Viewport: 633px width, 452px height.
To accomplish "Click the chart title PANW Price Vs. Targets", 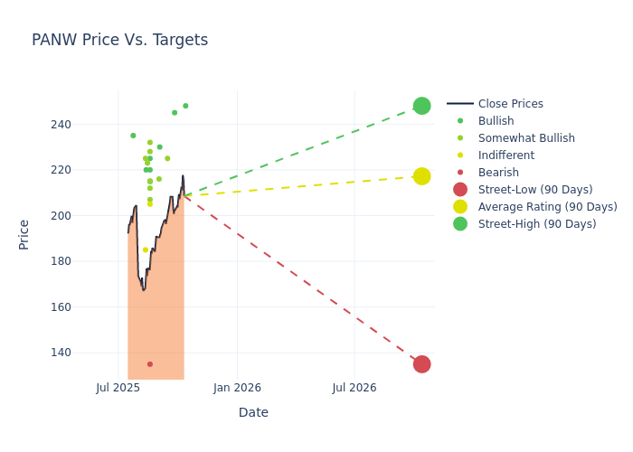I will pos(119,41).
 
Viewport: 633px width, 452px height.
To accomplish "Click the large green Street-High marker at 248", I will pos(421,106).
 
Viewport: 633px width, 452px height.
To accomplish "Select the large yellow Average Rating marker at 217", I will pos(421,176).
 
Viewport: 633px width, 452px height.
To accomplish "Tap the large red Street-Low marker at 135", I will pos(421,364).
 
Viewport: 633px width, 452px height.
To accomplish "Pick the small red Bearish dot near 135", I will pos(150,364).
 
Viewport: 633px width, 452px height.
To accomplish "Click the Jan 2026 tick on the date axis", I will pos(237,389).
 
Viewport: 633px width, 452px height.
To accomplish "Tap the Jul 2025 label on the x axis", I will pos(118,389).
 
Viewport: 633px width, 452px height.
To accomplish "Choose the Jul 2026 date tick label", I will pos(354,389).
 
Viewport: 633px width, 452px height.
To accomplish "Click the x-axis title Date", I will pos(253,413).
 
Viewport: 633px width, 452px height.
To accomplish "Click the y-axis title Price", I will pos(24,234).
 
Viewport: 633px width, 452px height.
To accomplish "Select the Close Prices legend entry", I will pos(510,104).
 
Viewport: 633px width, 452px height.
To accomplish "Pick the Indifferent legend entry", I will pos(505,155).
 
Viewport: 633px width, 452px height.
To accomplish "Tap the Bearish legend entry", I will pos(498,173).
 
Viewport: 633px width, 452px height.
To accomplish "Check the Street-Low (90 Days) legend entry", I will pos(535,190).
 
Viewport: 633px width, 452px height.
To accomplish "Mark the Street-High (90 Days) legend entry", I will pos(537,224).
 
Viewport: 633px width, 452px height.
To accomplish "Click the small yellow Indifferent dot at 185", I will pos(146,250).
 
